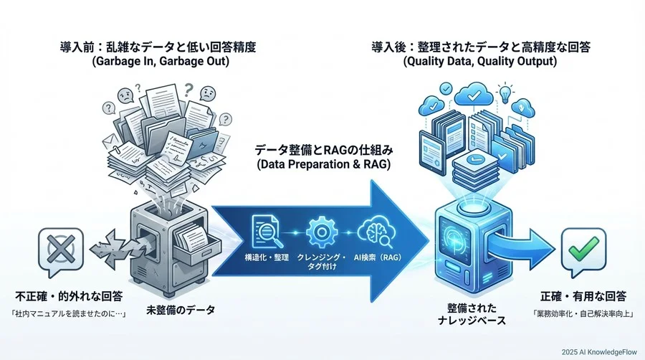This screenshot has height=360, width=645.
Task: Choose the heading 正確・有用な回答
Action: [x=583, y=295]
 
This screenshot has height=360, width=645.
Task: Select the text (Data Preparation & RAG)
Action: [x=322, y=166]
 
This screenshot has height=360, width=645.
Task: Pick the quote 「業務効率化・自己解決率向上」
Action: [x=583, y=313]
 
